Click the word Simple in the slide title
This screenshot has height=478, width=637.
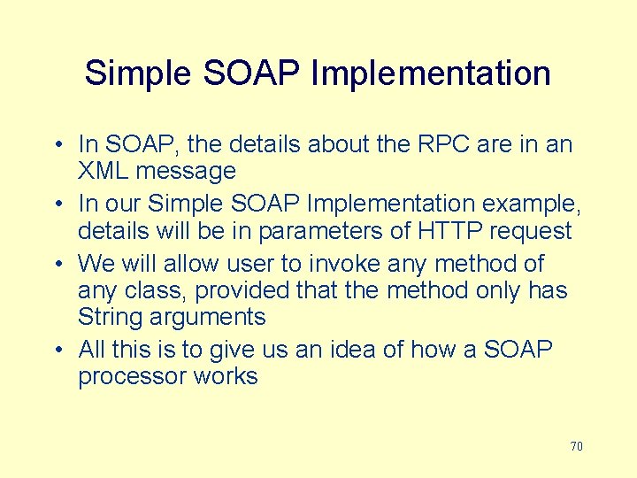pyautogui.click(x=139, y=73)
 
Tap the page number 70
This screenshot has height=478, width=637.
pyautogui.click(x=576, y=446)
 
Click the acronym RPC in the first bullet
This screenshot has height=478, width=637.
pyautogui.click(x=440, y=143)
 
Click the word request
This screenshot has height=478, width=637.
pyautogui.click(x=526, y=231)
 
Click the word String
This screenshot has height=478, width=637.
pyautogui.click(x=108, y=316)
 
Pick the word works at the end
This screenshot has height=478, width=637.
pyautogui.click(x=227, y=376)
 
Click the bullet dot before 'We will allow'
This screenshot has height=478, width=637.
pyautogui.click(x=58, y=265)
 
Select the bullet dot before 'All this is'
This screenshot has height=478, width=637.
pyautogui.click(x=58, y=350)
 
